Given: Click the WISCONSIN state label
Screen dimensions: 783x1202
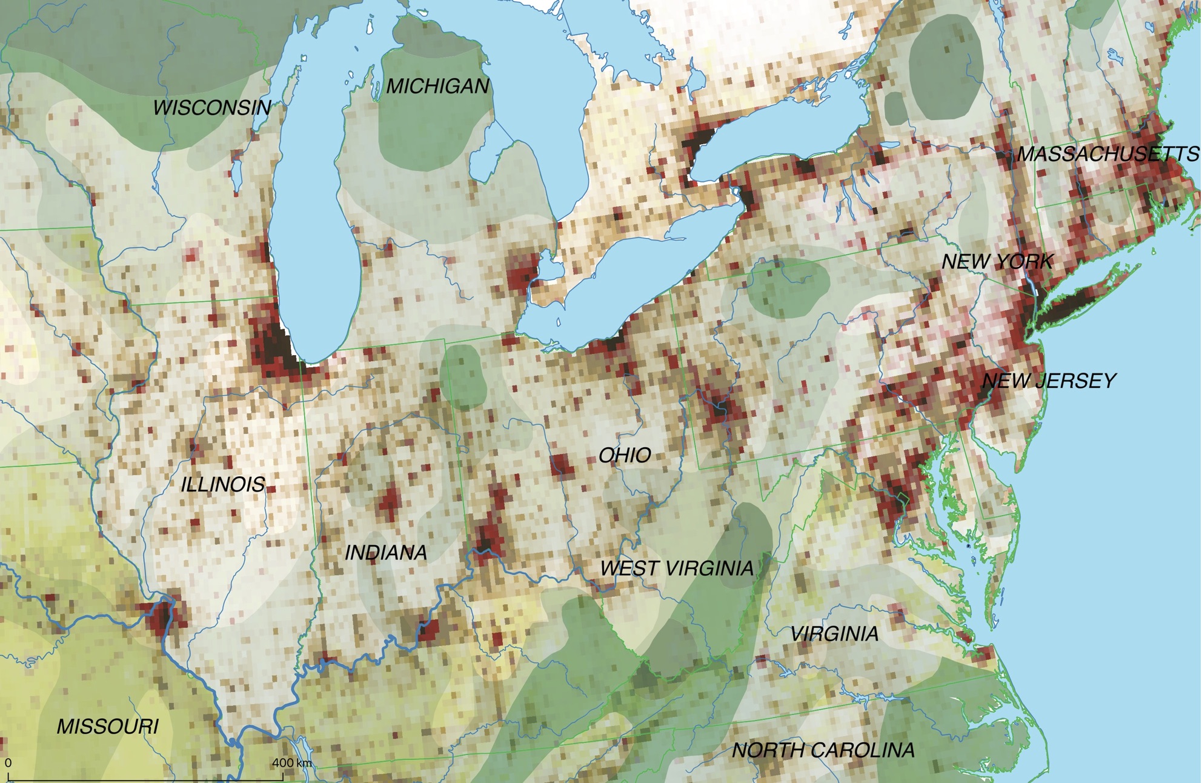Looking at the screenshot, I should tap(211, 108).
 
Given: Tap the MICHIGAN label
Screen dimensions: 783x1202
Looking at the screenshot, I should tap(437, 87).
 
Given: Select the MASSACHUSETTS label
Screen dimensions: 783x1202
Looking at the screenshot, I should tap(1107, 154).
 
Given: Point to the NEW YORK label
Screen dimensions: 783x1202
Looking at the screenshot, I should tap(997, 262).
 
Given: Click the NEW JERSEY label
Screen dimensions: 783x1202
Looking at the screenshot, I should tap(1048, 381).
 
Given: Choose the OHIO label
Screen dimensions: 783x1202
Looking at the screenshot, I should tap(625, 455).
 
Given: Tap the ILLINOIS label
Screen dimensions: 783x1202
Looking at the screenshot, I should tap(223, 484).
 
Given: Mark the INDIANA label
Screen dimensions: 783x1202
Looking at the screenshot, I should tap(385, 553).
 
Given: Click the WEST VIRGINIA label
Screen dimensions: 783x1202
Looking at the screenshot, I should tap(677, 568).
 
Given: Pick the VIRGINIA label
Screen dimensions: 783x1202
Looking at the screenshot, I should tap(834, 634).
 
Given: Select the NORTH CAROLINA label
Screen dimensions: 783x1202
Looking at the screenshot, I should tap(823, 750).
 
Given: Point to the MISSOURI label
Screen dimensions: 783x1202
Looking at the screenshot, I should tap(107, 727).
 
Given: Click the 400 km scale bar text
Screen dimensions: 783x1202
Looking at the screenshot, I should tap(291, 762).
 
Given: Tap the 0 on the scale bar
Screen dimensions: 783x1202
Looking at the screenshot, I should tap(8, 763).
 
